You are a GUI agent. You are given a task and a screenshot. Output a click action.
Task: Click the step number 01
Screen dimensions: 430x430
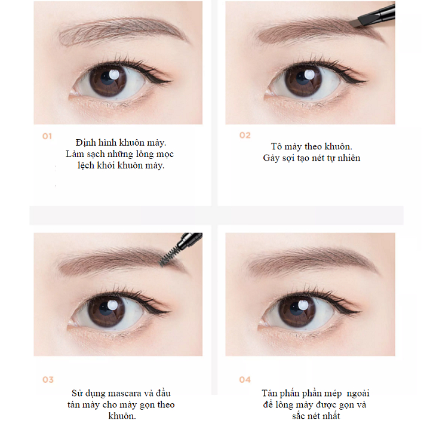[x=47, y=136]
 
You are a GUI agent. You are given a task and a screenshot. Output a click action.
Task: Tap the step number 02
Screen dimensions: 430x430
[x=245, y=135]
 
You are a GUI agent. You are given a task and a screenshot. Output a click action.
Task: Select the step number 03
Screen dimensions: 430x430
[x=48, y=380]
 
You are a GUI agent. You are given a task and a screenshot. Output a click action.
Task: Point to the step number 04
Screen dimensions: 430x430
[x=245, y=380]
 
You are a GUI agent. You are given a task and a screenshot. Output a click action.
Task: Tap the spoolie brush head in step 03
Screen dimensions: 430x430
[x=168, y=256]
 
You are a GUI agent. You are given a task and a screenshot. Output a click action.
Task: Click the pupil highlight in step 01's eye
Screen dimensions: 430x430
[x=113, y=74]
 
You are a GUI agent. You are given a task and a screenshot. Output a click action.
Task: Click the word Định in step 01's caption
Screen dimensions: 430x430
[x=85, y=143]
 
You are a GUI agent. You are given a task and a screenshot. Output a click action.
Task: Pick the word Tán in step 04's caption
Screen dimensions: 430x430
[x=269, y=393]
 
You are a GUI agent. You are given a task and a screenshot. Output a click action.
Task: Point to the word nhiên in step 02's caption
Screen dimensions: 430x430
[x=349, y=158]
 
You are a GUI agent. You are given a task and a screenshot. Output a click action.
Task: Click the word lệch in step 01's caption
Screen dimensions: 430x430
[x=86, y=165]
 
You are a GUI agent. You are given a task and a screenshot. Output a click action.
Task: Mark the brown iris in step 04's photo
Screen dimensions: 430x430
[x=297, y=312]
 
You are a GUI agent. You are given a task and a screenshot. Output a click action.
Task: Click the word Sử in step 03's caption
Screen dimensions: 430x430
[x=77, y=393]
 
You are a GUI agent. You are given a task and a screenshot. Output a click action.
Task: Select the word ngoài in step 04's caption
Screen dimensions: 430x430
[x=358, y=394]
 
